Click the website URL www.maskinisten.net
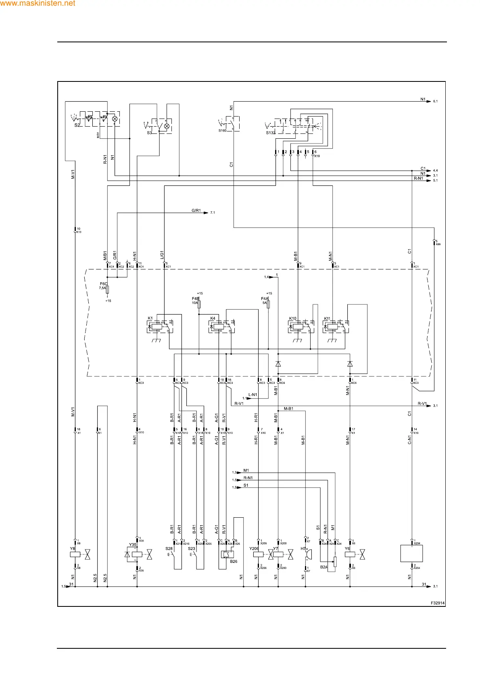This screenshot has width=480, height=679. coord(38,4)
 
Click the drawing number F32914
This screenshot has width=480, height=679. coord(437,603)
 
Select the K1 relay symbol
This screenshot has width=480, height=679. coord(161,327)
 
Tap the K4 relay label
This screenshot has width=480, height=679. coord(213,319)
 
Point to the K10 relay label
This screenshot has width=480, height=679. coord(292,319)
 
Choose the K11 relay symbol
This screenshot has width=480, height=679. coord(336,327)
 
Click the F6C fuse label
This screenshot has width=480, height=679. coord(103,284)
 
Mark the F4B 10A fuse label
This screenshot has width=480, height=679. coord(196,300)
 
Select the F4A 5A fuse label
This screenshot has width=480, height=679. coord(265,300)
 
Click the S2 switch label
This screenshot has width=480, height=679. coord(77,125)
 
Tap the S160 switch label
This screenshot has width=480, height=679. coord(222,131)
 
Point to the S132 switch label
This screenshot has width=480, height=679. coord(270,133)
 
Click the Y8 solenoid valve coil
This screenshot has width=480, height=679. coord(75,554)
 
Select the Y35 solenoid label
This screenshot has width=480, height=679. coord(132,545)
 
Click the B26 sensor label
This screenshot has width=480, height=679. coord(234,561)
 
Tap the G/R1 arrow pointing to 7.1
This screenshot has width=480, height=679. coord(206,212)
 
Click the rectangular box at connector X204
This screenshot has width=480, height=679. coord(411,554)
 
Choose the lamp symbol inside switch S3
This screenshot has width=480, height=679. coord(167,126)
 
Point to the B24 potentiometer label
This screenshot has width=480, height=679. coord(323,567)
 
